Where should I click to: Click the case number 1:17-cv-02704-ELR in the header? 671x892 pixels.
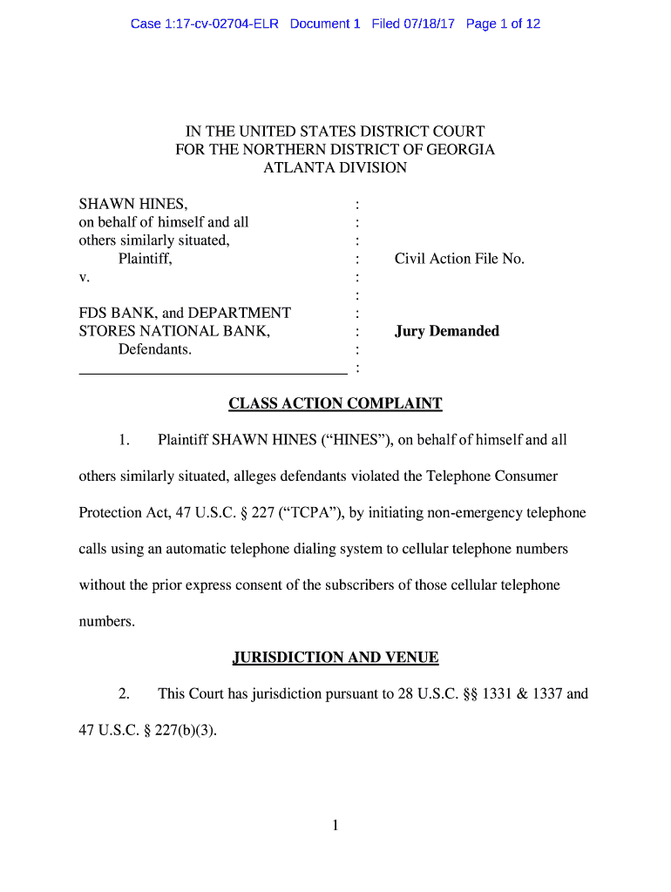coord(204,24)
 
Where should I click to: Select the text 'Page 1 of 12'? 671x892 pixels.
coord(503,24)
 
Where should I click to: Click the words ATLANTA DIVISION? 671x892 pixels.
coord(335,167)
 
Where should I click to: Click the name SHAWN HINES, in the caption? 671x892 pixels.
coord(132,204)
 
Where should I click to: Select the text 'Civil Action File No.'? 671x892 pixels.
coord(459,259)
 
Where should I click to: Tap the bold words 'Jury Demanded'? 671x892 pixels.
coord(446,331)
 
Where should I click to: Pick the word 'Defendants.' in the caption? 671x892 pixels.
coord(155,349)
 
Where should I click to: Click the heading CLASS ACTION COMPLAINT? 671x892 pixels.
coord(335,404)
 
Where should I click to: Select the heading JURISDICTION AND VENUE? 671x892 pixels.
coord(335,659)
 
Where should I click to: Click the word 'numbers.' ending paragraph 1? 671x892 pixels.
coord(107,623)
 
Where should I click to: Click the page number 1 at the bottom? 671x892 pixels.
coord(335,826)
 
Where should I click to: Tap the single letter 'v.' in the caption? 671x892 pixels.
coord(84,277)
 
